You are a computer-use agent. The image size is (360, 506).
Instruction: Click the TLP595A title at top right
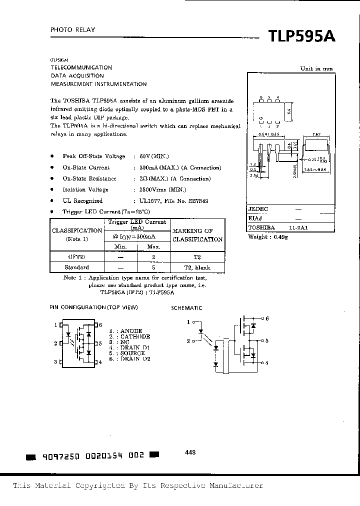302,37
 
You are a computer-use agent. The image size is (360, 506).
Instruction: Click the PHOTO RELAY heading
72,30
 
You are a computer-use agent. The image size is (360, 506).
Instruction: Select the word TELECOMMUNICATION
81,67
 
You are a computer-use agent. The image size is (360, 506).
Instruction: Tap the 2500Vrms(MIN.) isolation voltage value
160,189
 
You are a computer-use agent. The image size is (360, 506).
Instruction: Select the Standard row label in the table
77,267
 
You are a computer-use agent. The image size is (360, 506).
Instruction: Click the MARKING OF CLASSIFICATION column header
197,235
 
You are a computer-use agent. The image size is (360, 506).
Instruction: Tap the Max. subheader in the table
154,247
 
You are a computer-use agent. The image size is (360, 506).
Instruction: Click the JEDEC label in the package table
258,209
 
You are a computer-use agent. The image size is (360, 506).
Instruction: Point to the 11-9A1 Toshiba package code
298,227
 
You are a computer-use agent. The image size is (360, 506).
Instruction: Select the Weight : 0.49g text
268,236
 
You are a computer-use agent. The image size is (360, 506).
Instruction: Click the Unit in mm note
316,69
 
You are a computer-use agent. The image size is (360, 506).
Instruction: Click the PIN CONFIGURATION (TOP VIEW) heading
93,307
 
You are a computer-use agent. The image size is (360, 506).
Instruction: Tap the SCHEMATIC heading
186,308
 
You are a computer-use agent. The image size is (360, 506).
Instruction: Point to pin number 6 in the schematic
267,318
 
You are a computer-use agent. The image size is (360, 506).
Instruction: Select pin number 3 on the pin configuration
56,361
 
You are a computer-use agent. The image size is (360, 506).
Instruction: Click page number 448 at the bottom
190,452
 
